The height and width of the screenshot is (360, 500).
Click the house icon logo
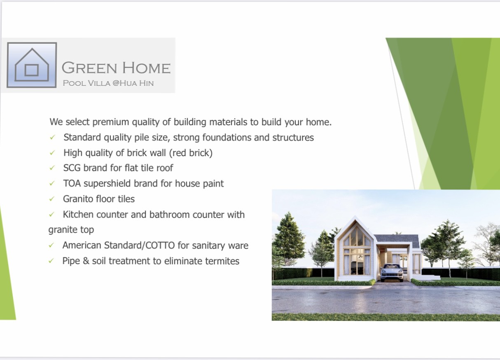[x=32, y=65]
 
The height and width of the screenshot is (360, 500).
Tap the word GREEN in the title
[x=89, y=68]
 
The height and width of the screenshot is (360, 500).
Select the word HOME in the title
[x=147, y=68]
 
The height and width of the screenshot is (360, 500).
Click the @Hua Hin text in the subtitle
[x=133, y=83]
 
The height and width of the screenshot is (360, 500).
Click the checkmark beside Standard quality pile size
[x=52, y=138]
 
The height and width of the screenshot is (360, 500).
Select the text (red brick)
[x=191, y=153]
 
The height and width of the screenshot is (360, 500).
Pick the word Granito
[x=78, y=199]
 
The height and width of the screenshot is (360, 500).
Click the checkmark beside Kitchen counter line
[x=51, y=215]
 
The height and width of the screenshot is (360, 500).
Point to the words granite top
[x=71, y=230]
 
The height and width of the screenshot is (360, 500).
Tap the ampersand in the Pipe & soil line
[x=86, y=261]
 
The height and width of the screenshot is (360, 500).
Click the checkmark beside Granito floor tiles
[x=52, y=199]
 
